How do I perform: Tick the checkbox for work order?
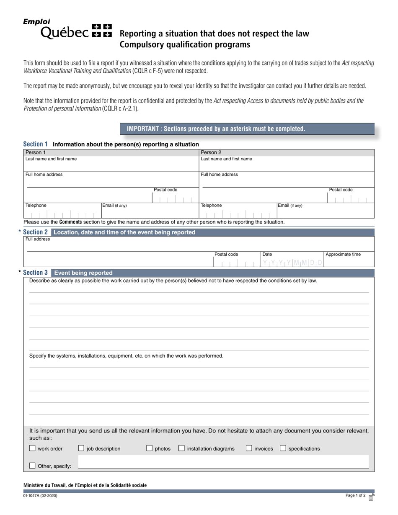coord(32,448)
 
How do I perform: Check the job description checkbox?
coord(81,448)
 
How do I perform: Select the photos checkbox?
coord(149,448)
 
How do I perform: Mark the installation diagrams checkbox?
coord(181,448)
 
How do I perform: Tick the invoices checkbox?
coord(249,448)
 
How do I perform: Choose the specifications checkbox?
coord(283,448)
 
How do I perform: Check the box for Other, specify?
coord(32,466)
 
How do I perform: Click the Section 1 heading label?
coord(35,144)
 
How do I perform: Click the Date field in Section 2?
coord(293,263)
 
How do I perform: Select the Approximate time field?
coord(349,262)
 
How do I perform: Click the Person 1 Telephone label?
coord(36,205)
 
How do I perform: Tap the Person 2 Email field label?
coord(289,205)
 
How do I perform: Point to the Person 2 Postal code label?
coord(341,190)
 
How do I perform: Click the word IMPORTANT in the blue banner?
coord(142,129)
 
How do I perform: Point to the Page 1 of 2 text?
coord(355,495)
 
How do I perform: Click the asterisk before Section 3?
coord(20,273)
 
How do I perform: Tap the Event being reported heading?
coord(83,273)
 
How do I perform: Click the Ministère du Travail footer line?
coord(85,485)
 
